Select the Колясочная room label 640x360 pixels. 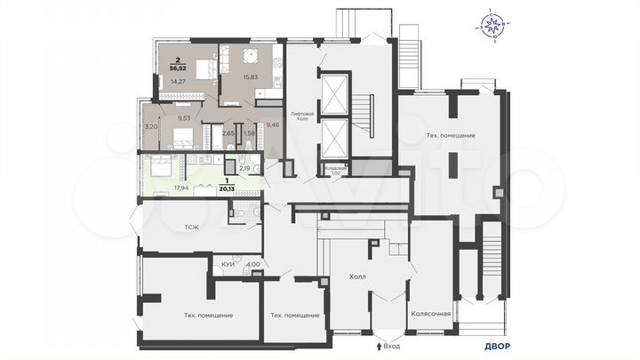[432, 313]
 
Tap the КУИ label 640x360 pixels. [227, 264]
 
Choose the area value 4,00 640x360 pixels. [252, 264]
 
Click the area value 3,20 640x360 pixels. [151, 126]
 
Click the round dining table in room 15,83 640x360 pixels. [250, 55]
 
